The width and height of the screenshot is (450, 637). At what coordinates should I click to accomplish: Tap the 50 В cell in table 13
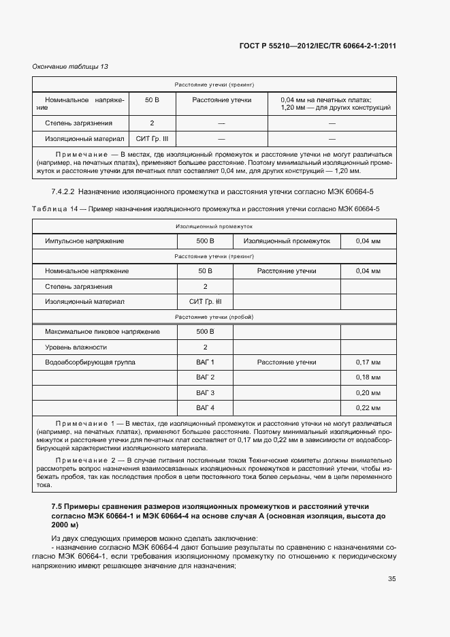(152, 100)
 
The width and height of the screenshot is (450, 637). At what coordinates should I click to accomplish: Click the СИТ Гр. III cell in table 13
(152, 138)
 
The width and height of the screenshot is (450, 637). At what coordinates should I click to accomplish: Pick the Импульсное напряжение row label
(84, 241)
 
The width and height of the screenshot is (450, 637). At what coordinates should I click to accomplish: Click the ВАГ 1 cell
(205, 362)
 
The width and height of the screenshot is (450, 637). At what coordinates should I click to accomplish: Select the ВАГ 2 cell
(205, 377)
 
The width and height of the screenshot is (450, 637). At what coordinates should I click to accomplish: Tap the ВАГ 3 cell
(205, 393)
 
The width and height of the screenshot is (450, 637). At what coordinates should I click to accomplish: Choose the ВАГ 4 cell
(205, 408)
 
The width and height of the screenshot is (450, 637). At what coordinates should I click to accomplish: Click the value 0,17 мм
(368, 362)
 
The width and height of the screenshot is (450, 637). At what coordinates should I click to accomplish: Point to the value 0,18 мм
(368, 377)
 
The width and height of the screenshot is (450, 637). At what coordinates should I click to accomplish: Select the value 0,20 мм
(368, 393)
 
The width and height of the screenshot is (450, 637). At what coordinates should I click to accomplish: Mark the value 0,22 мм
(368, 408)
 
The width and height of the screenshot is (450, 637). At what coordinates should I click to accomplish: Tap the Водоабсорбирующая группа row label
(90, 362)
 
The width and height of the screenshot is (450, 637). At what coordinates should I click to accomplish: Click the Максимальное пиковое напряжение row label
(102, 332)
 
